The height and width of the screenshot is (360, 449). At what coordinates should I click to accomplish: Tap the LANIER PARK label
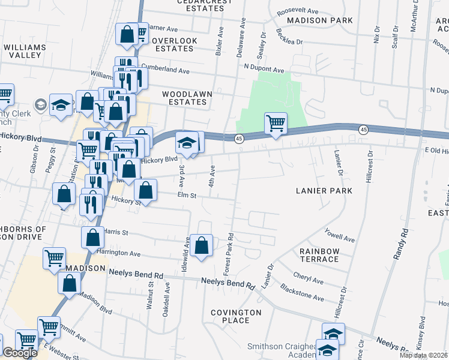click(x=324, y=191)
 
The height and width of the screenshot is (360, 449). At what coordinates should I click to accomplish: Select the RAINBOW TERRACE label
click(x=320, y=255)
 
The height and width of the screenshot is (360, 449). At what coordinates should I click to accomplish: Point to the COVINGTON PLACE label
click(x=236, y=316)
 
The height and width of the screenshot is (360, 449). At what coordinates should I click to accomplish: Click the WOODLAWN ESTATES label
click(x=184, y=98)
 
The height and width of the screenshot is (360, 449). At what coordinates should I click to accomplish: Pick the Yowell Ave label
click(x=340, y=235)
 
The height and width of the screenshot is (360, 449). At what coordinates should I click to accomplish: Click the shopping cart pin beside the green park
click(x=276, y=124)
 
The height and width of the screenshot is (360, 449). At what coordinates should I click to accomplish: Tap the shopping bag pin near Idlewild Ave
click(x=202, y=245)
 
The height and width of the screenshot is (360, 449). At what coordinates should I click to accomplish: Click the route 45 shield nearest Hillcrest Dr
click(x=363, y=130)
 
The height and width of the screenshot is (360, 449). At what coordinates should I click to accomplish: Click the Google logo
click(x=20, y=353)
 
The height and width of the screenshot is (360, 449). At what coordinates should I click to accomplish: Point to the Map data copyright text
click(x=423, y=355)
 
